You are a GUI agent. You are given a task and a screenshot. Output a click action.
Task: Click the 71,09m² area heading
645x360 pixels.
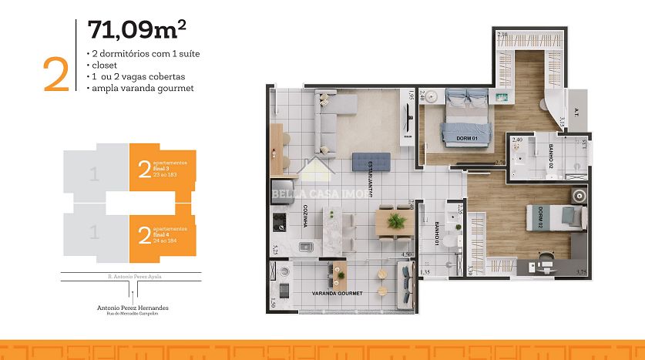coord(137,30)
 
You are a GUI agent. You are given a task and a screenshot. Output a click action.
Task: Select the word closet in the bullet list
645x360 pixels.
coord(103,66)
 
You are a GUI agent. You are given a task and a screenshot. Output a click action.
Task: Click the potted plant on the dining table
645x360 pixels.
coord(397,220)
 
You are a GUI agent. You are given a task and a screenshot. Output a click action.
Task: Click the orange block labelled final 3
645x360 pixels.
coord(162,169)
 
